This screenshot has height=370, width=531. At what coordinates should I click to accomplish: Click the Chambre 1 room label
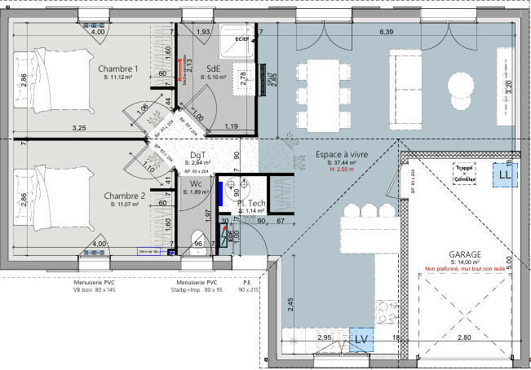tap(118, 68)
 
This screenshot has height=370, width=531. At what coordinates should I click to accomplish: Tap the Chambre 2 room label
tap(124, 196)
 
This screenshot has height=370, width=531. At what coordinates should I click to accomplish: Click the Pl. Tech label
tap(252, 203)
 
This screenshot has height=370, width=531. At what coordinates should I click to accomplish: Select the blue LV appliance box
tap(360, 338)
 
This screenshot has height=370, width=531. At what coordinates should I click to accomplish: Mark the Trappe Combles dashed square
tap(466, 172)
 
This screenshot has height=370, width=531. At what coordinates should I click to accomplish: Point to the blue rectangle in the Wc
tap(220, 194)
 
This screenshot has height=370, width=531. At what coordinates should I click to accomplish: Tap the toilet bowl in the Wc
tap(197, 239)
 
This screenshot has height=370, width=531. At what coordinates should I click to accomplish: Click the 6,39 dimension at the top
tap(387, 31)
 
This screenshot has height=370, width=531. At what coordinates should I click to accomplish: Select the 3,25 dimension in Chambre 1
tap(79, 128)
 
